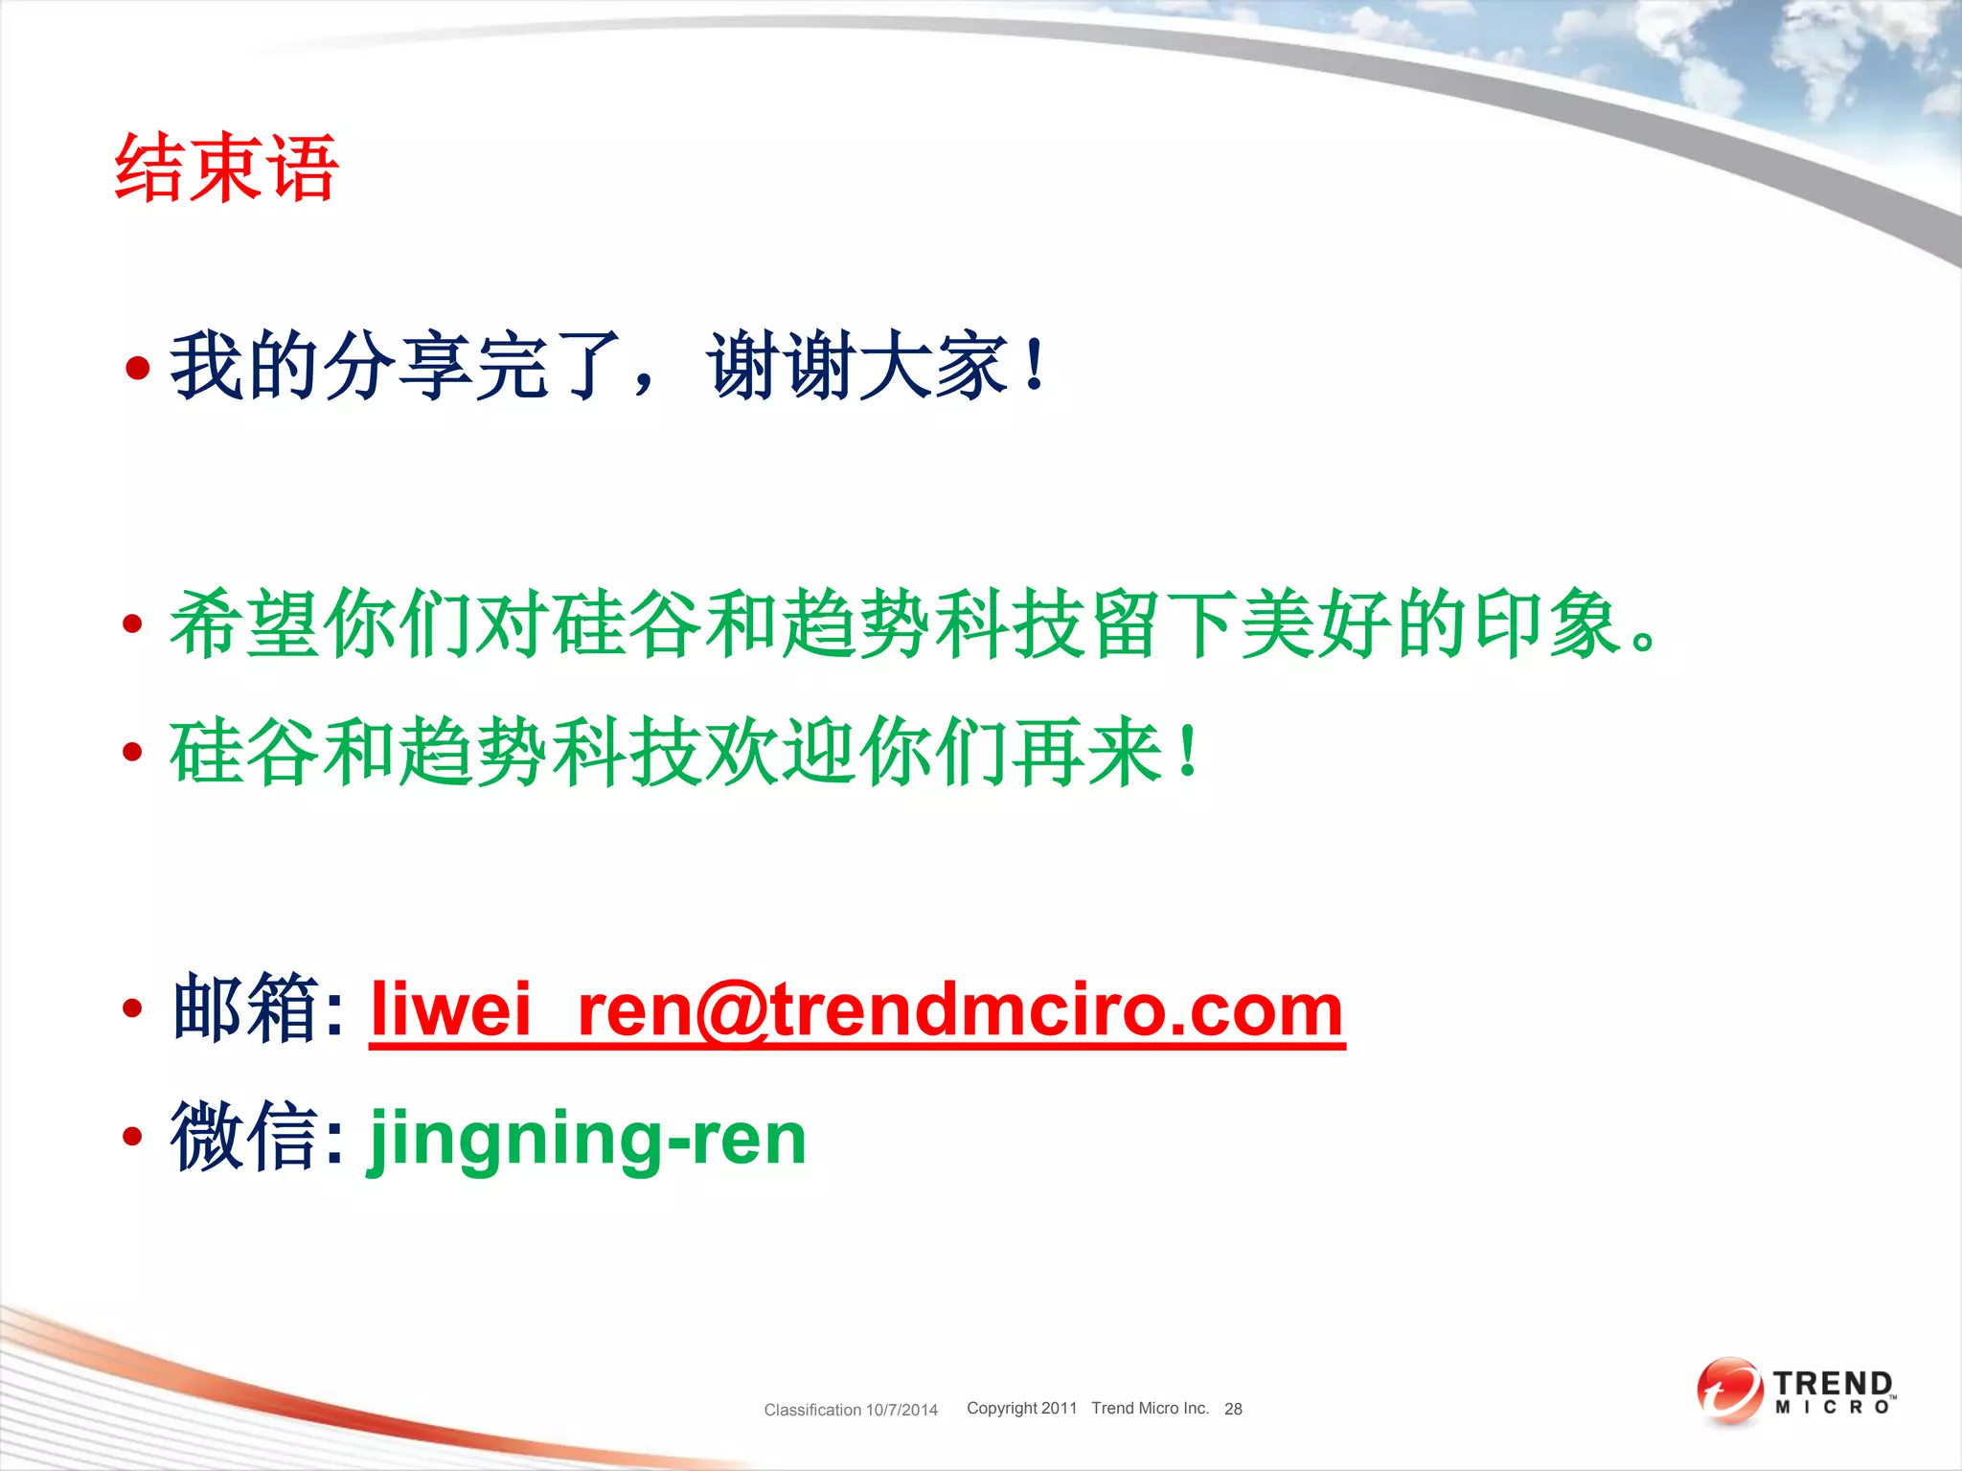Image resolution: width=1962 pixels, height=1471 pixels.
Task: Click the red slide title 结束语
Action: tap(226, 169)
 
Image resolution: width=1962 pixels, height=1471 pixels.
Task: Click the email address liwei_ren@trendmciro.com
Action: tap(856, 1009)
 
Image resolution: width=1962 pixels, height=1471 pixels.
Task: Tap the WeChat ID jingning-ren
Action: tap(587, 1138)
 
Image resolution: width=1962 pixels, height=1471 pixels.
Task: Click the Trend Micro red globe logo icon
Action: tap(1729, 1391)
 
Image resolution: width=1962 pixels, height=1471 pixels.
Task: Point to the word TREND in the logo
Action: tap(1833, 1383)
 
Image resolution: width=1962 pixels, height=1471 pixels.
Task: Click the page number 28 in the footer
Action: tap(1233, 1409)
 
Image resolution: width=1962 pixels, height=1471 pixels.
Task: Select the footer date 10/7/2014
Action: tap(901, 1410)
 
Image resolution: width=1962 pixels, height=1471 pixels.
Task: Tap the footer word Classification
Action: tap(812, 1410)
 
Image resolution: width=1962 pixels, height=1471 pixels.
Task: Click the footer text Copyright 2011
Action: tap(1021, 1408)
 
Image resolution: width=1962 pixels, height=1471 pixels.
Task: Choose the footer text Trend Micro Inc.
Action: tap(1150, 1408)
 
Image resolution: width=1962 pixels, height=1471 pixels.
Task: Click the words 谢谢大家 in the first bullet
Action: tap(857, 366)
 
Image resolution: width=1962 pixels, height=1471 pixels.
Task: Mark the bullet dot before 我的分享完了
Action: tap(138, 368)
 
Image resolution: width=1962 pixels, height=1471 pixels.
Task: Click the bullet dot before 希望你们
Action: tap(132, 624)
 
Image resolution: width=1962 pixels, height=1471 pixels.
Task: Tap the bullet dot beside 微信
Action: tap(132, 1137)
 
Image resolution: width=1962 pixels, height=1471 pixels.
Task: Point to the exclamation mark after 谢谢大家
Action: tap(1034, 366)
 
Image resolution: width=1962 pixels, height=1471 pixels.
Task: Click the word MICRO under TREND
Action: tap(1833, 1407)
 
